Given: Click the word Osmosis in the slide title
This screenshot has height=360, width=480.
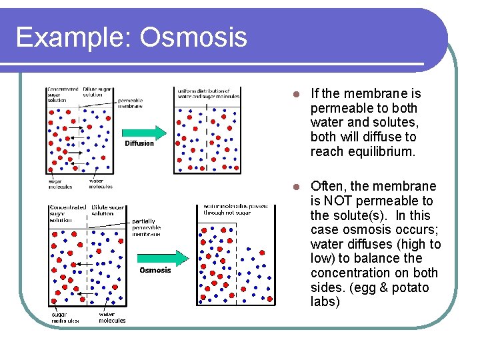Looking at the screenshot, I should [x=193, y=37].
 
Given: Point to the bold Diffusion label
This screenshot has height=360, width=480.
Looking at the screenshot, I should [x=139, y=143].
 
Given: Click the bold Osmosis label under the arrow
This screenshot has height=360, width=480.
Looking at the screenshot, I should [x=155, y=270].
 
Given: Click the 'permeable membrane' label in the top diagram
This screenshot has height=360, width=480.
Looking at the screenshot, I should [x=130, y=103].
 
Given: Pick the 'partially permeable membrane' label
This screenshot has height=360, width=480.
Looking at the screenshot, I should [x=146, y=227].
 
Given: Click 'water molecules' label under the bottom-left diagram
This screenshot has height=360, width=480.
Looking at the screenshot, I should [x=111, y=317].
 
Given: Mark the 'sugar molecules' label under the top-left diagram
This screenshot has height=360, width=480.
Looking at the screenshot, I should [x=60, y=183].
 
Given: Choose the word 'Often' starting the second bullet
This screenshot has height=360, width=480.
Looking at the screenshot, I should [x=326, y=186].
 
